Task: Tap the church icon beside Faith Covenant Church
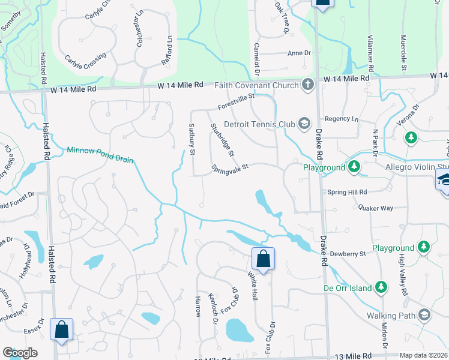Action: [x=308, y=85]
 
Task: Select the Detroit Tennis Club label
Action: [x=259, y=125]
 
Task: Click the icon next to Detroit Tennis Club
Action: [x=304, y=124]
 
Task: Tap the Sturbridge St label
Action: [x=222, y=140]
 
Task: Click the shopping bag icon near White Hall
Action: [x=263, y=259]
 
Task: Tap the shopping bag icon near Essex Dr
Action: [x=62, y=329]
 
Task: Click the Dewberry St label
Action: [x=346, y=254]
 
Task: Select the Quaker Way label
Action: [x=375, y=208]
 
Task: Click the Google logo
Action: [x=20, y=353]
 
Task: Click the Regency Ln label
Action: [x=341, y=119]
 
